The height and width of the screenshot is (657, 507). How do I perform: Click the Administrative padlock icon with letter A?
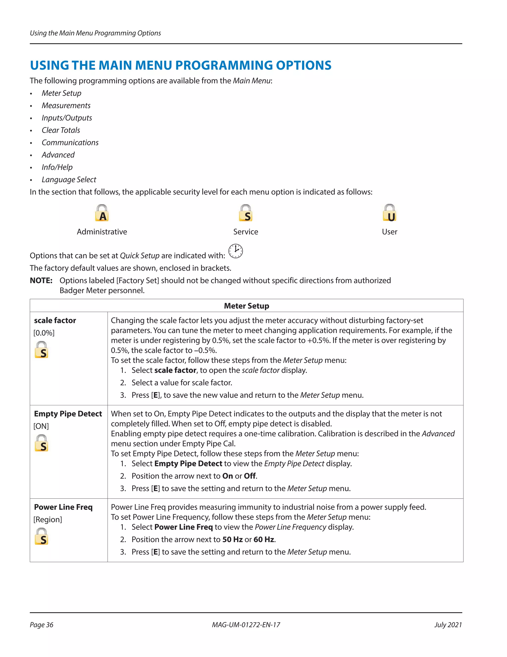[x=102, y=213]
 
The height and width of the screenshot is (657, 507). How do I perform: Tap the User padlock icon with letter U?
[x=390, y=213]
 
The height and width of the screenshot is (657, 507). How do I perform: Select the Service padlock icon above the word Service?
[x=246, y=213]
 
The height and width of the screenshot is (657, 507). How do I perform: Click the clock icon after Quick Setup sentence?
[x=235, y=251]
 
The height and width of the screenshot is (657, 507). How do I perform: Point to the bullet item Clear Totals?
[x=61, y=130]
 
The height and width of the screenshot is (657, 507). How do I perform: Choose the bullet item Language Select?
[x=69, y=179]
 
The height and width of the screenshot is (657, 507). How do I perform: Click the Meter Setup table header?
[x=246, y=306]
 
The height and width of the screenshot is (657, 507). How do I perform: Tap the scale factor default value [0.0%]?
[x=44, y=333]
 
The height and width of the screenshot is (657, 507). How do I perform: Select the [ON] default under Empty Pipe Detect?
[x=41, y=426]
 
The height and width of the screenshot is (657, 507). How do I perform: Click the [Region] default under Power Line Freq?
[x=48, y=519]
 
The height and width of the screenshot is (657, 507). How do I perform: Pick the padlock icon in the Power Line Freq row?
[x=41, y=536]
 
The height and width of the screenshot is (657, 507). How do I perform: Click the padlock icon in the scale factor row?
[x=41, y=350]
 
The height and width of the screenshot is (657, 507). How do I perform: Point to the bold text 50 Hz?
[x=232, y=539]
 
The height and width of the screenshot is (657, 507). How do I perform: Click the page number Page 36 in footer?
[x=41, y=625]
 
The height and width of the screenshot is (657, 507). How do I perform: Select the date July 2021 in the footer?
[x=448, y=625]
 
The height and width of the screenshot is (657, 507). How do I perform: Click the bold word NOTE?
[x=41, y=281]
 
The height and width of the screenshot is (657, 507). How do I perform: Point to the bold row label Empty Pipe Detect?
[x=68, y=414]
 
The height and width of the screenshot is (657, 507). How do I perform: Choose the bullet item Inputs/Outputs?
[x=67, y=118]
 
